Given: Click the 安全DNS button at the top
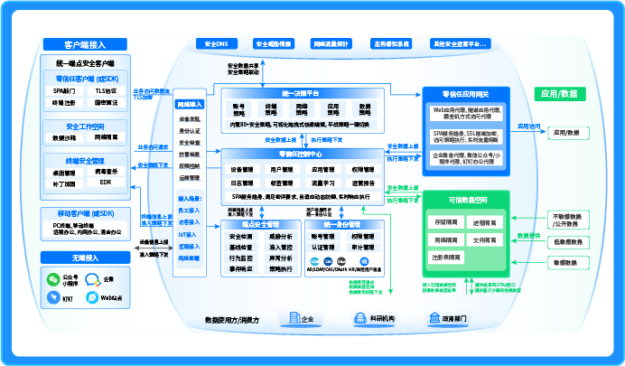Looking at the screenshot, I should tap(216, 43).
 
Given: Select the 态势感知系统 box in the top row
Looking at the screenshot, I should tap(390, 43).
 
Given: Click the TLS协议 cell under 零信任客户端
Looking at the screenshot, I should tap(106, 91).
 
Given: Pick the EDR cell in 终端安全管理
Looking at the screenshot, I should tap(106, 183).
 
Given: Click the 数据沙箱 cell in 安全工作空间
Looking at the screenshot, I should tap(64, 138).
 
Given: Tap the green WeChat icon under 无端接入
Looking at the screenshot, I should tap(54, 279).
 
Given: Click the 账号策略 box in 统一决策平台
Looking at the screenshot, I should tap(239, 110).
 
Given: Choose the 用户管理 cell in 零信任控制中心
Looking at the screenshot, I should tap(282, 169).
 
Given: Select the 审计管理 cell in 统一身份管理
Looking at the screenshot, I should tap(362, 247).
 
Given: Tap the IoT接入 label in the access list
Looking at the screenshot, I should tap(189, 233).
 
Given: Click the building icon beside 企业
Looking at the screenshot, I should tap(293, 318).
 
